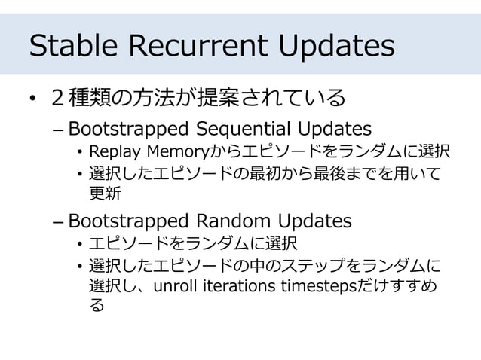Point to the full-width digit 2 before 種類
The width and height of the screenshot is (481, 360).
(57, 98)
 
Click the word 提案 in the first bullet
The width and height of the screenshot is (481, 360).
(221, 98)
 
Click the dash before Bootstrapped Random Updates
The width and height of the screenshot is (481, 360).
(59, 221)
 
